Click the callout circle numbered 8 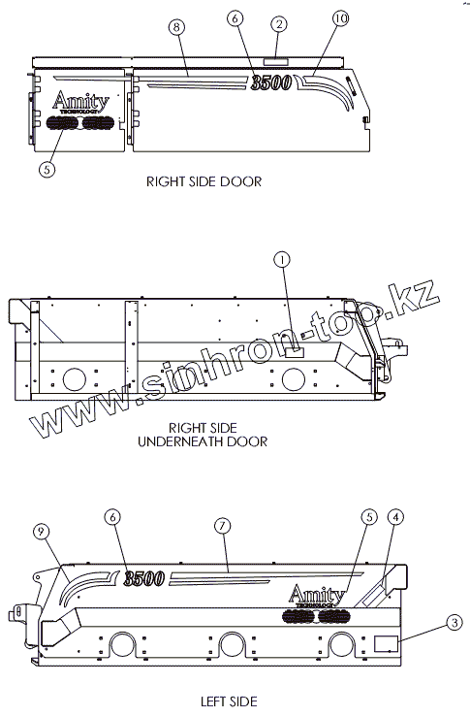coord(176,27)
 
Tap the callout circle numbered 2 coord(279,24)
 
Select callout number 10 coord(340,18)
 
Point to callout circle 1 coord(282,260)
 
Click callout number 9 coord(42,532)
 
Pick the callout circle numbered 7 coord(222,526)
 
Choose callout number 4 coord(395,517)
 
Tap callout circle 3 coord(454,622)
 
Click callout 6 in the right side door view coord(235,18)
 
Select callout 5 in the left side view coord(369,517)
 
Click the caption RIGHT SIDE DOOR coord(204,181)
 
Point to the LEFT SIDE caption coord(229,701)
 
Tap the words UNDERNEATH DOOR coord(203,441)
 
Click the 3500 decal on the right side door coord(270,82)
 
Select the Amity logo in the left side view coord(316,596)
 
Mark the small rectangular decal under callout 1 coord(295,351)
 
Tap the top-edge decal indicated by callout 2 coord(275,61)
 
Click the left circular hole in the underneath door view coord(74,377)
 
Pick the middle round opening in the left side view coord(231,645)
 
